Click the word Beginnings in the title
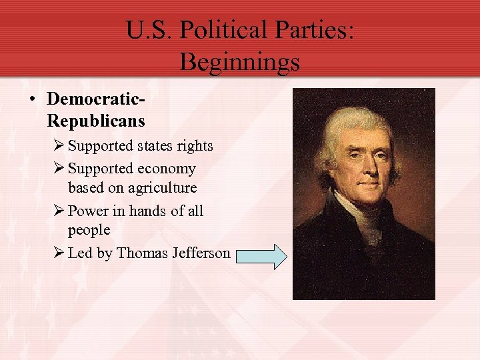pyautogui.click(x=239, y=62)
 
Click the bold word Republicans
pyautogui.click(x=96, y=121)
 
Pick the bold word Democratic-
pyautogui.click(x=96, y=99)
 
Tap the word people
pyautogui.click(x=89, y=230)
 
